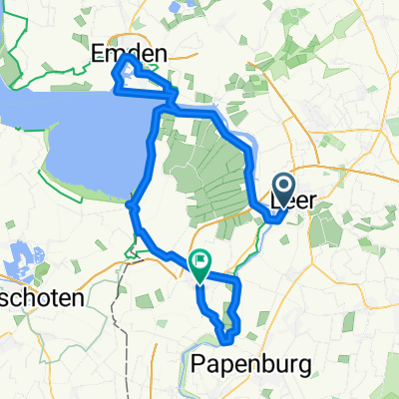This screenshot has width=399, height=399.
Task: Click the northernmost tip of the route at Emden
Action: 126,57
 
